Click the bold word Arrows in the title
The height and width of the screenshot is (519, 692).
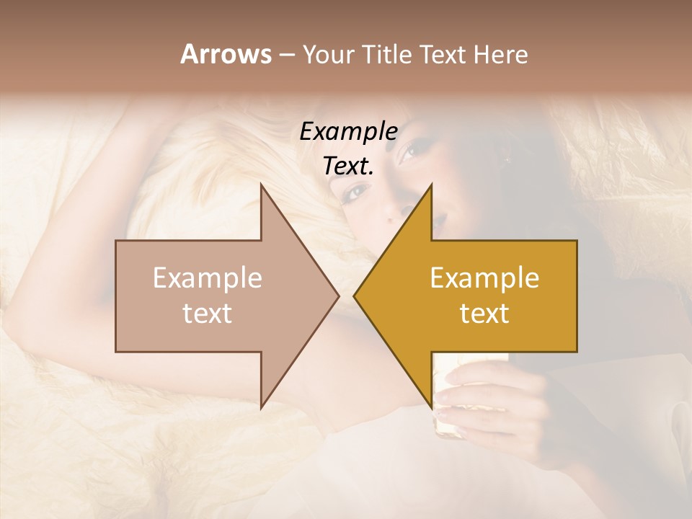pos(226,54)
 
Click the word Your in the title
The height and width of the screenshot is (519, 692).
pos(327,55)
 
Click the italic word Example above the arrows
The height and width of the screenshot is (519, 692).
pos(348,131)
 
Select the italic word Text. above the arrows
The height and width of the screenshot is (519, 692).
pos(348,166)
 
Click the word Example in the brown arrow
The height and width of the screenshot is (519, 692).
pos(208,278)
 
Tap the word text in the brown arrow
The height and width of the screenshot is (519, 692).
pos(208,314)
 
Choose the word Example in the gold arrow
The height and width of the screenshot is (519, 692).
pos(484,278)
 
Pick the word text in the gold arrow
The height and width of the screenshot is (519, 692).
pos(484,314)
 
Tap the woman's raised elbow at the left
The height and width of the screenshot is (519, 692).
pos(29,317)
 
